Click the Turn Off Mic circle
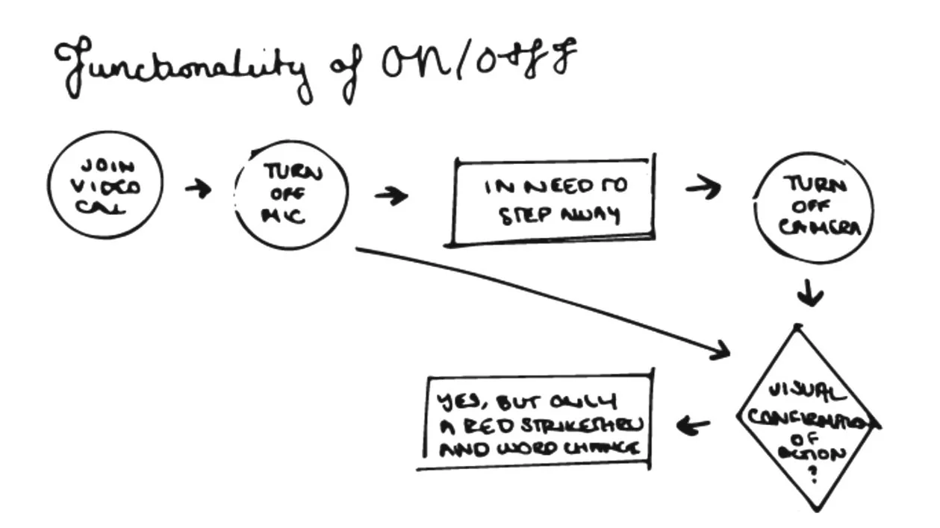pos(292,195)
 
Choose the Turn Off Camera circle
pos(815,209)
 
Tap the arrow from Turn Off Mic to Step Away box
pos(390,196)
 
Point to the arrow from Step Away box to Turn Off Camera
pos(703,187)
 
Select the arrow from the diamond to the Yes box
pos(693,426)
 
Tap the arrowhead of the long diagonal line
pos(721,351)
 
